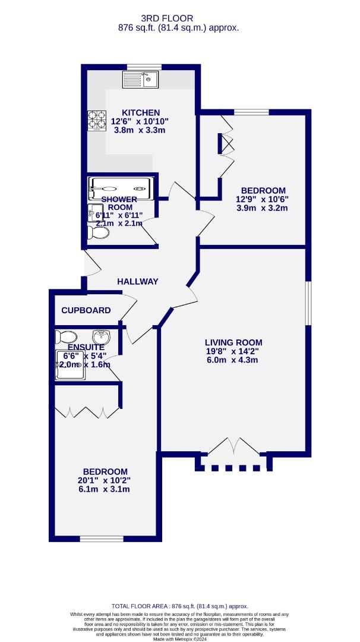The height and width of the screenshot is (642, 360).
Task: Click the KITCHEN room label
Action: click(140, 112)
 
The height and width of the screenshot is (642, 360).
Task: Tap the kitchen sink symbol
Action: click(141, 79)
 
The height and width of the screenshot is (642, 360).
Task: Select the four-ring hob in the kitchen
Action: click(96, 123)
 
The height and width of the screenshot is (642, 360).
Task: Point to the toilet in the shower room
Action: click(98, 232)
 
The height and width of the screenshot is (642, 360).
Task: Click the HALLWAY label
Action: click(138, 281)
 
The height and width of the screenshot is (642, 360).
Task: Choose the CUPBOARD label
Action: click(86, 310)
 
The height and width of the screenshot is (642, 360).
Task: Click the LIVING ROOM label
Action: click(233, 342)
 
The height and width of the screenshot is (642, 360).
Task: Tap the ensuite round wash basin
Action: click(103, 337)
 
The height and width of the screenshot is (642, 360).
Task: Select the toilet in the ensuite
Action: click(65, 337)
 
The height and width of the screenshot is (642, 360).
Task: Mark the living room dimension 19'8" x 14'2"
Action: click(233, 351)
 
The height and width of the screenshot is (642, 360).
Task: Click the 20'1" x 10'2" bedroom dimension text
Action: click(105, 480)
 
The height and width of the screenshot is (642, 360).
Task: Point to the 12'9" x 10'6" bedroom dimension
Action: click(262, 199)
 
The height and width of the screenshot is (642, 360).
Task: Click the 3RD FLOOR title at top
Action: click(179, 18)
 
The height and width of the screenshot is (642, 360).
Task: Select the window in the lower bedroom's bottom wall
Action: click(96, 539)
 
